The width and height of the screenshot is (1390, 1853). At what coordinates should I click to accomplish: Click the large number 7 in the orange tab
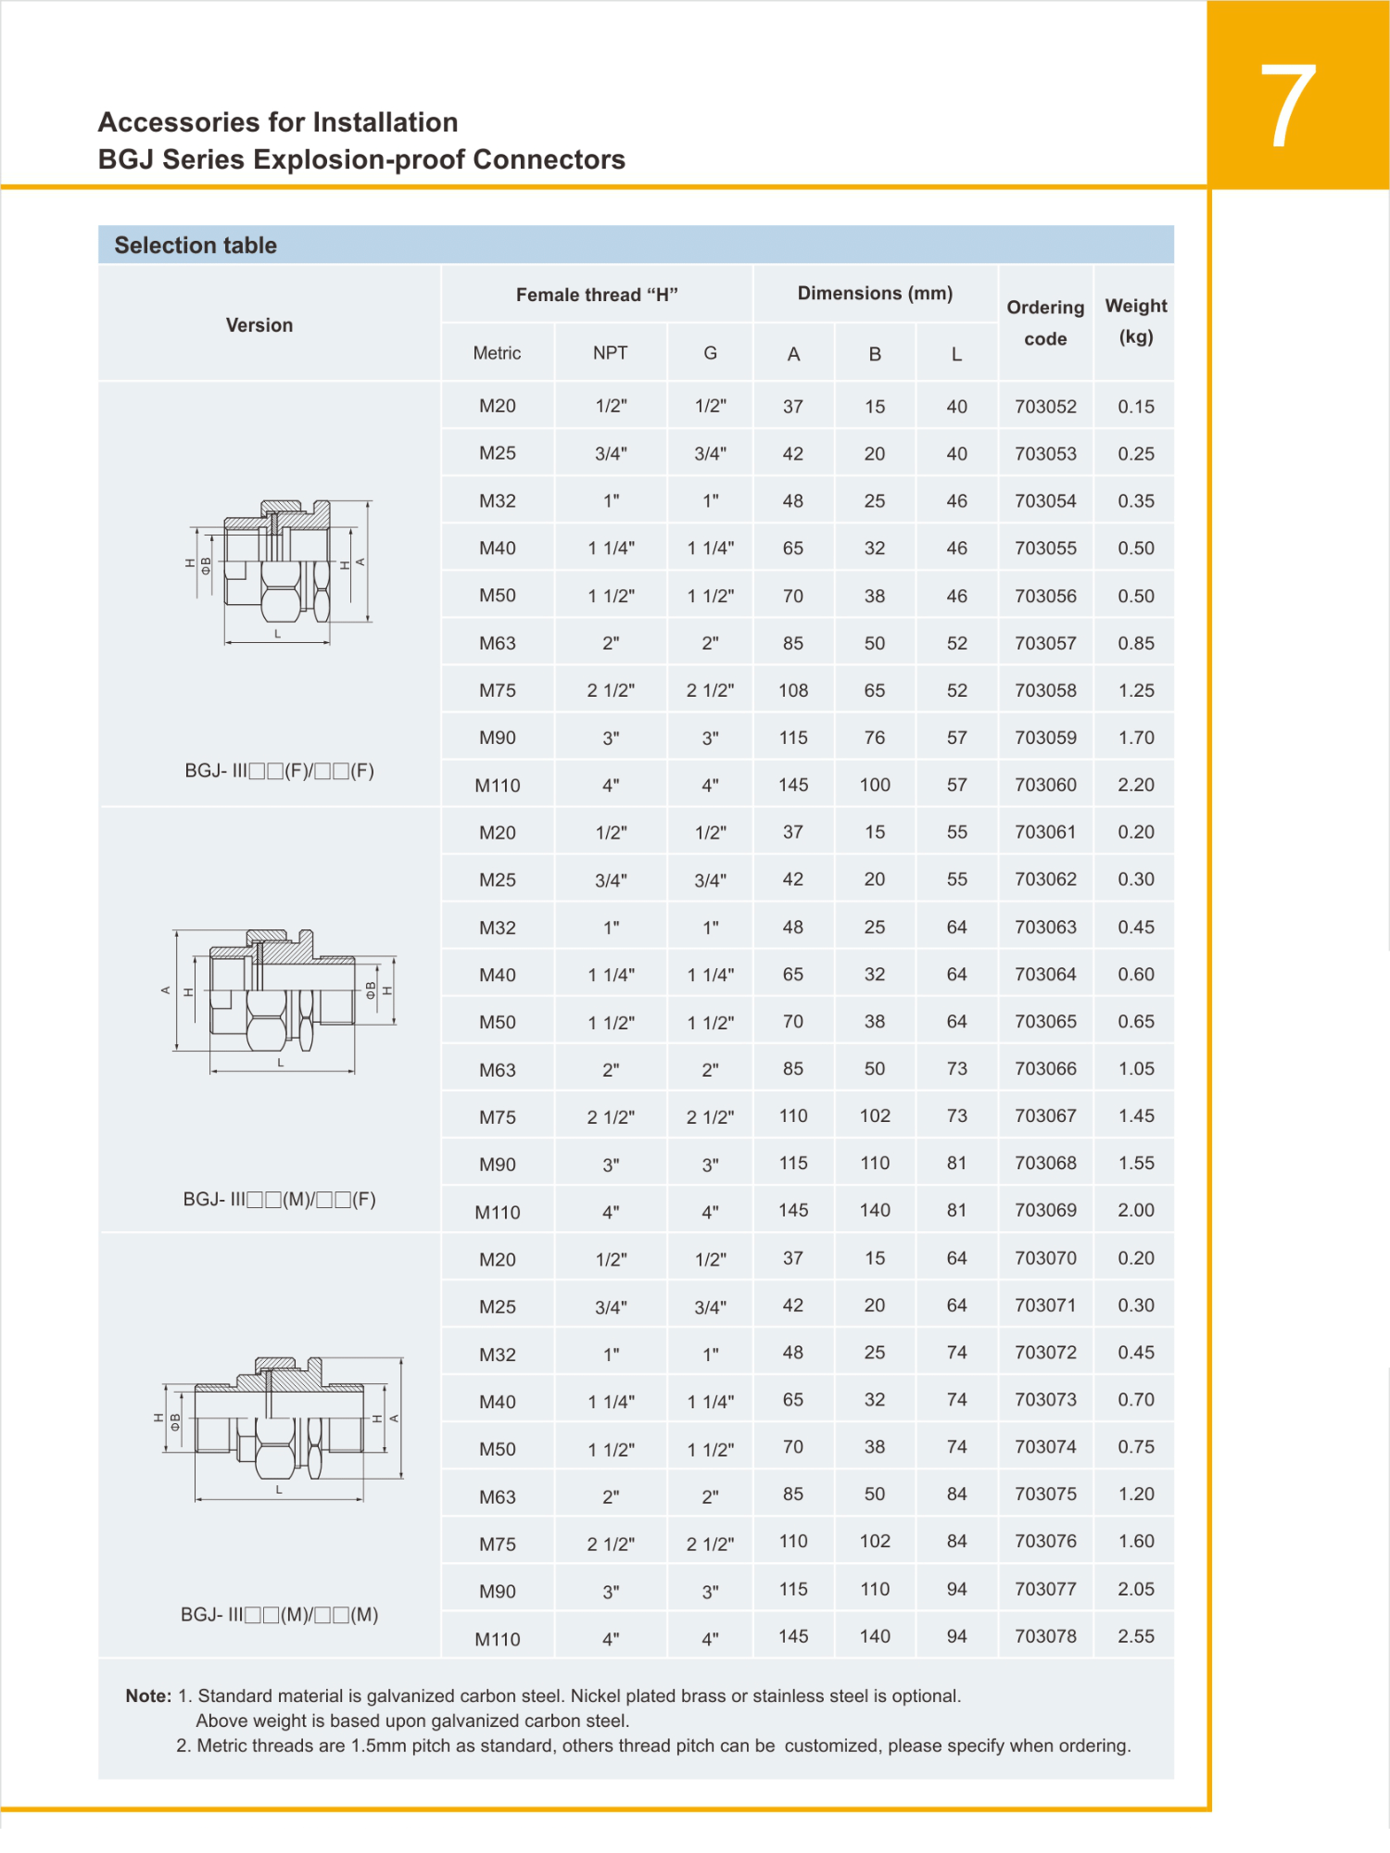coord(1287,107)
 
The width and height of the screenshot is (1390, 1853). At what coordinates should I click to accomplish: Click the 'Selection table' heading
coord(196,246)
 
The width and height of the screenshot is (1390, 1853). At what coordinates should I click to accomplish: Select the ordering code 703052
coord(1045,407)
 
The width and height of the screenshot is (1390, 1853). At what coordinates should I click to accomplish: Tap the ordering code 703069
coord(1045,1210)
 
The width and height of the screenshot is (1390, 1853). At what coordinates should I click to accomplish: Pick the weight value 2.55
coord(1135,1636)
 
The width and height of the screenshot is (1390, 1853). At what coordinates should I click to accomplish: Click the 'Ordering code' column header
coord(1045,322)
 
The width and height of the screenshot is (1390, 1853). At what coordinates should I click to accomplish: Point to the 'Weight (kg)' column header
coord(1135,321)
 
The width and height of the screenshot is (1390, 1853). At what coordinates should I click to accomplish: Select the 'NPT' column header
coord(610,353)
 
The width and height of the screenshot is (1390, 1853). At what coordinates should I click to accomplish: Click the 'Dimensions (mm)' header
coord(875,294)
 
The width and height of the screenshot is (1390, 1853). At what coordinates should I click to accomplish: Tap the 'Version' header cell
coord(259,325)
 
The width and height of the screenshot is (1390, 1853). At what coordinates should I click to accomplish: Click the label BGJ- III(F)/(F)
coord(279,771)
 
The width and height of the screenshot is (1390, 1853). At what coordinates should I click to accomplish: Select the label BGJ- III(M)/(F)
coord(279,1200)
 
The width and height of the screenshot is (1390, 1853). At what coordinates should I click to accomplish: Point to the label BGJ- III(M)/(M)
coord(279,1615)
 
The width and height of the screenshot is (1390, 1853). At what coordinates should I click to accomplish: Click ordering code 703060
coord(1045,785)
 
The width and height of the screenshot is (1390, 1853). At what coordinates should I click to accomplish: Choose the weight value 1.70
coord(1135,737)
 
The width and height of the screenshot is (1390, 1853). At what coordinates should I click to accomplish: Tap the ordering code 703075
coord(1045,1494)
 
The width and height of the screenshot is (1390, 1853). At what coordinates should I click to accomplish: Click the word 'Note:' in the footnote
coord(148,1695)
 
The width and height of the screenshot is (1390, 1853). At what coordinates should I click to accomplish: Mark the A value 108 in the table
coord(793,690)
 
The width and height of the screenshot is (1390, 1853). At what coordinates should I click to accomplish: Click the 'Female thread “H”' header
coord(597,295)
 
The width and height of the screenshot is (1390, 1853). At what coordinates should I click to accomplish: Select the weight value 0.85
coord(1135,643)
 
